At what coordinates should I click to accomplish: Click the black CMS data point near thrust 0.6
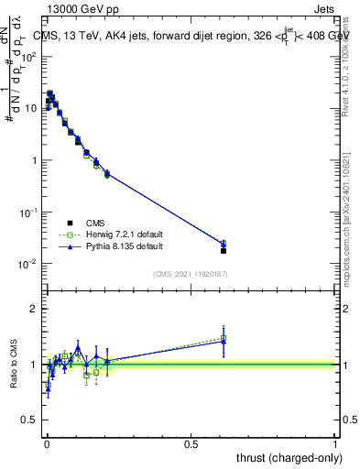click(224, 250)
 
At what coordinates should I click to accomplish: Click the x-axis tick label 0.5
click(191, 444)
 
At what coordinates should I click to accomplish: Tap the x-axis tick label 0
click(46, 444)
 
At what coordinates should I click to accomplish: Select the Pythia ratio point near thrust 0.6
click(224, 341)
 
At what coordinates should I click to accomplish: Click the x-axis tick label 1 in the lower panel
click(335, 444)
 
